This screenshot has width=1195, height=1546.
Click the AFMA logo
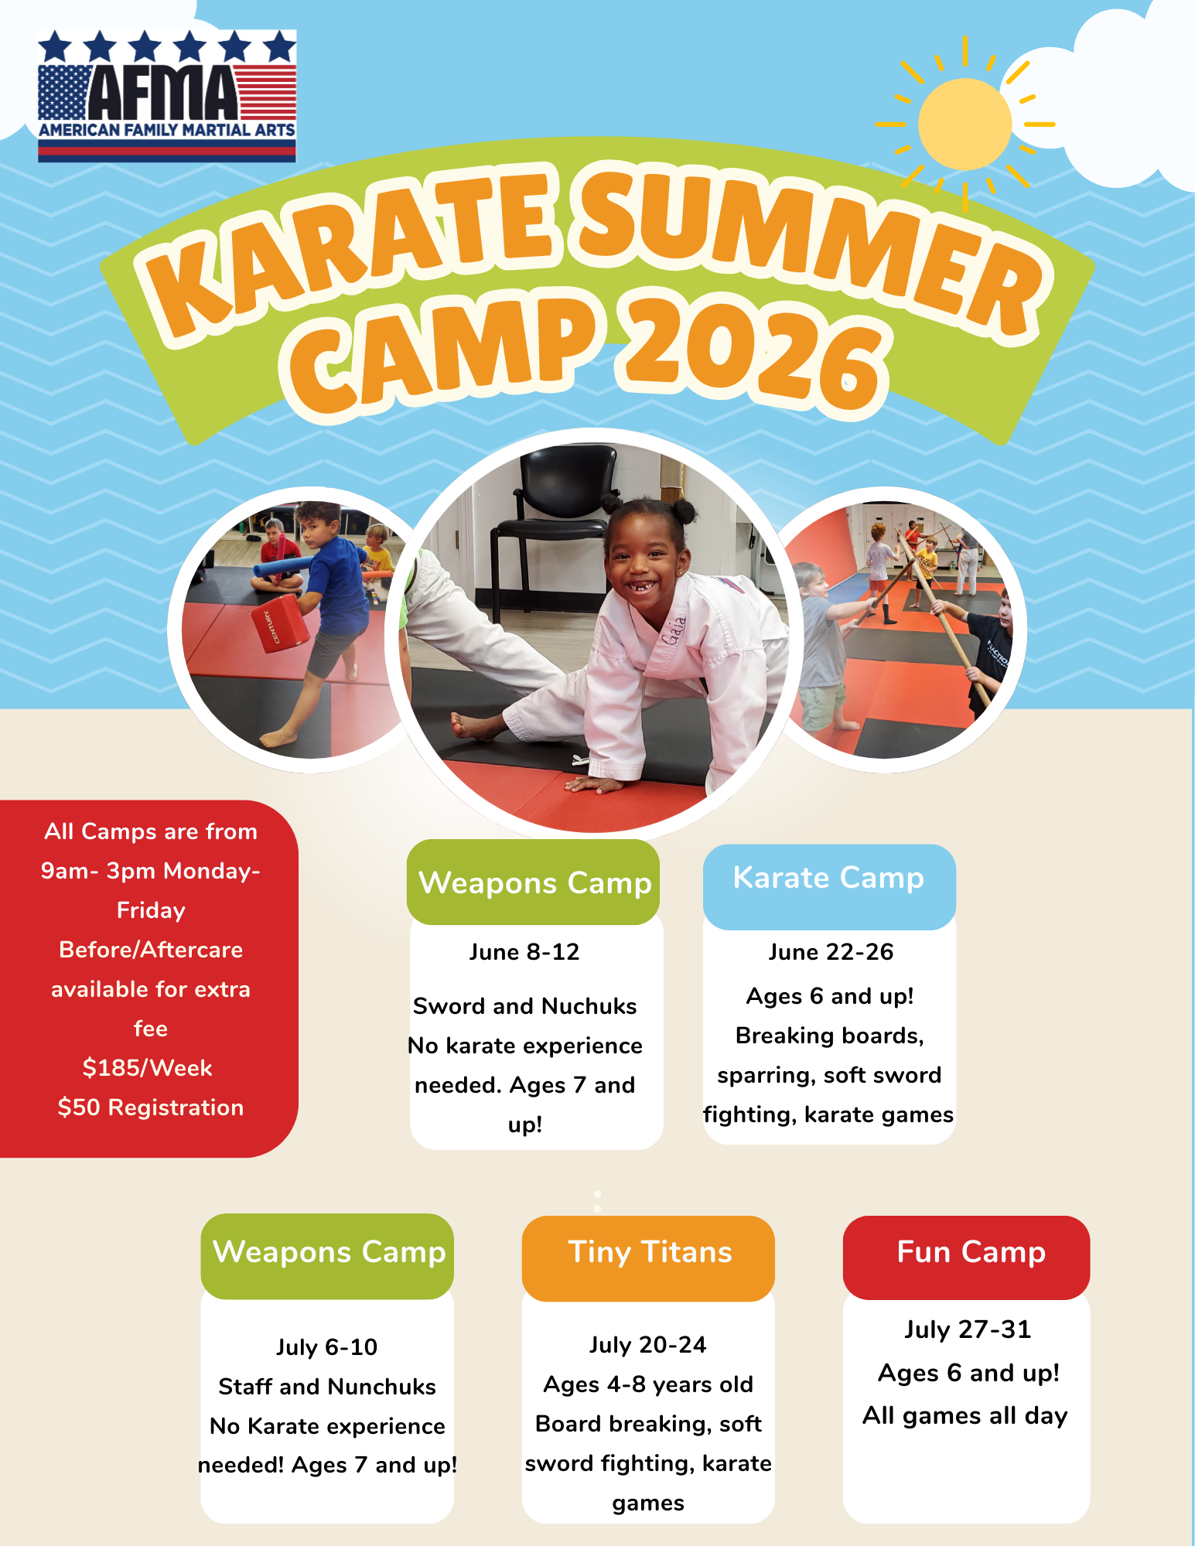pos(167,96)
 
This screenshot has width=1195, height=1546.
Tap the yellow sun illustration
pos(965,124)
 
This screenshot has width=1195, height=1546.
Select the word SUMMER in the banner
pos(808,247)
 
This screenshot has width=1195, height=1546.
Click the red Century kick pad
pos(279,623)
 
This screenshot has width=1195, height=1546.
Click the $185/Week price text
pos(148,1068)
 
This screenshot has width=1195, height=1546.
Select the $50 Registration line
pos(151,1107)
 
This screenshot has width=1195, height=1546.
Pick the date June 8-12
pos(524,952)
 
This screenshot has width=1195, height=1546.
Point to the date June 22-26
pos(831,952)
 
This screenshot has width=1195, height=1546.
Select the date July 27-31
pos(968,1329)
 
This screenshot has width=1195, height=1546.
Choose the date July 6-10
pos(327,1347)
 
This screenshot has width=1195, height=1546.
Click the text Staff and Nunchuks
pos(327,1387)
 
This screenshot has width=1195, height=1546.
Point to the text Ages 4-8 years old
pos(648,1384)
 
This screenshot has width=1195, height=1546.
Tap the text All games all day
pos(965,1416)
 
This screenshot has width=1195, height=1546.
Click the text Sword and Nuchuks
pos(525,1006)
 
